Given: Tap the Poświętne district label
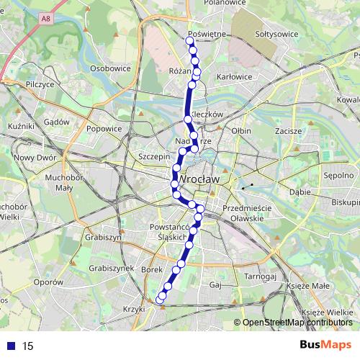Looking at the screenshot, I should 207,34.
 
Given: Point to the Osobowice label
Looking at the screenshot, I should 110,68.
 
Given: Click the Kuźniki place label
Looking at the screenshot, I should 17,126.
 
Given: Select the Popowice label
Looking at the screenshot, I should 104,129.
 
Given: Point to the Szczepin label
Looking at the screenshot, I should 153,156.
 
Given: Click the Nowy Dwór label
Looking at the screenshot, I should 35,158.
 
